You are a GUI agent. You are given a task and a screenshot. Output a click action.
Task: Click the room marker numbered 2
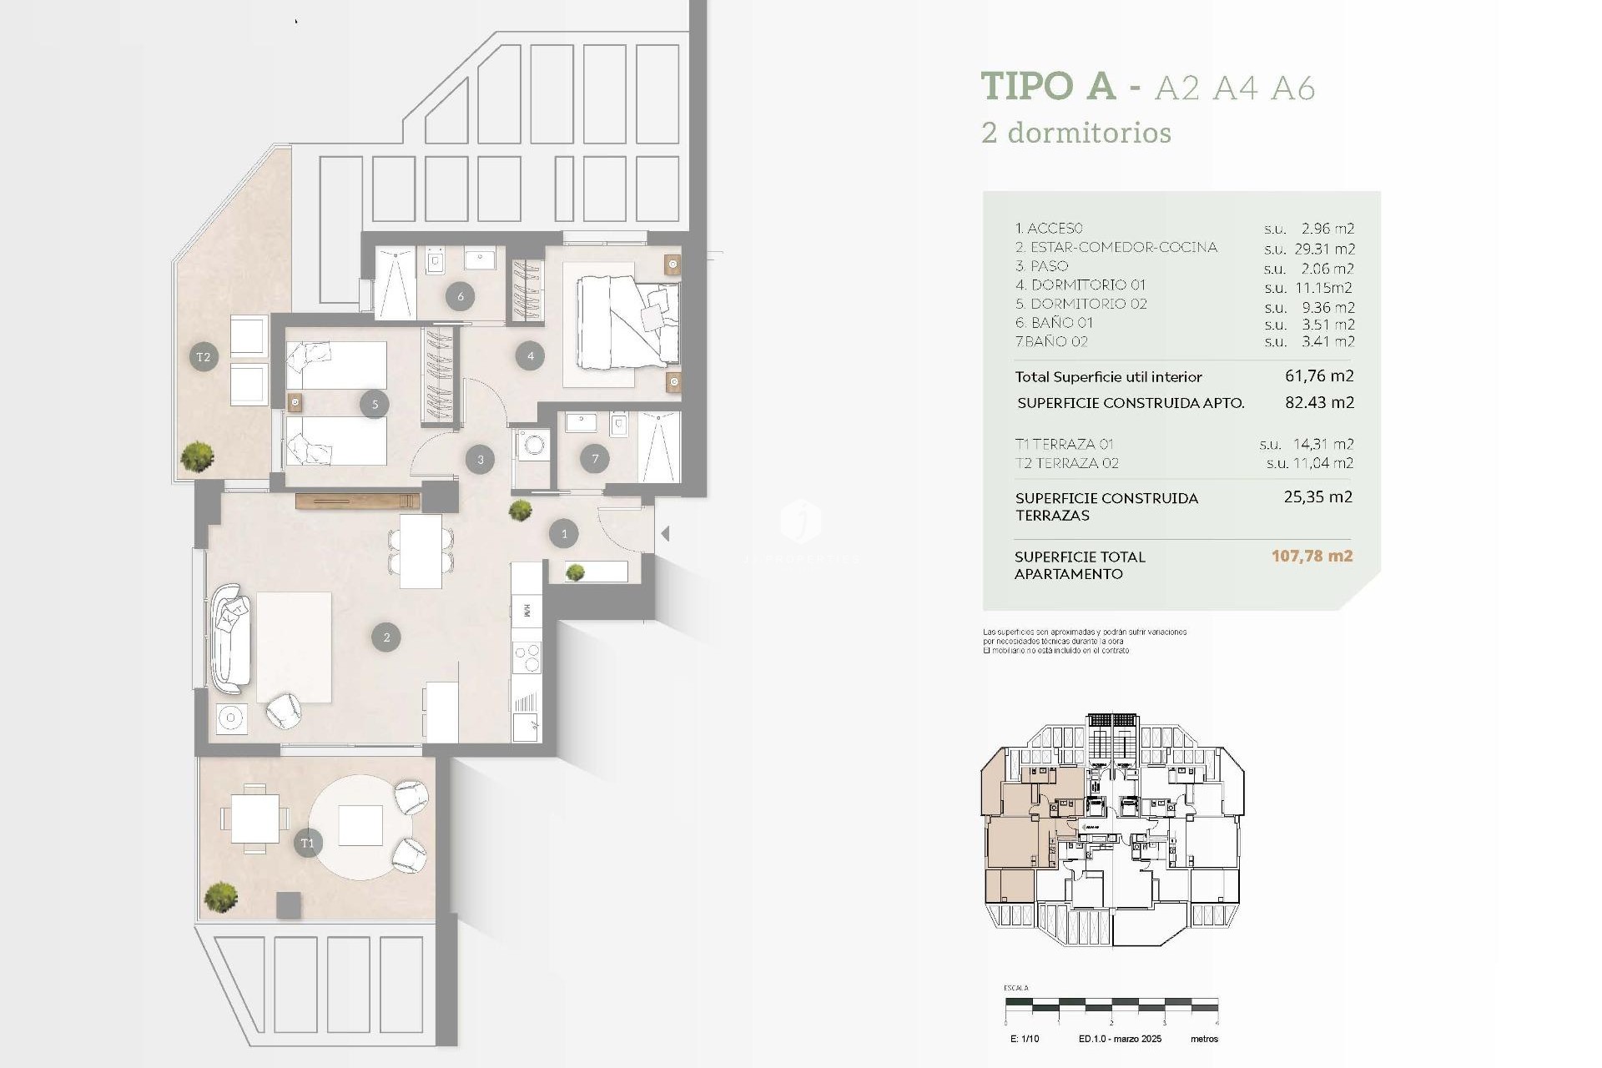(x=386, y=637)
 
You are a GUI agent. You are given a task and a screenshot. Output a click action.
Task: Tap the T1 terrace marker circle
(x=308, y=843)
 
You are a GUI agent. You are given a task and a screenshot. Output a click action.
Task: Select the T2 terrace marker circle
(x=204, y=357)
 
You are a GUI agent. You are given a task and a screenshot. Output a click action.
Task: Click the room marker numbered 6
(x=460, y=296)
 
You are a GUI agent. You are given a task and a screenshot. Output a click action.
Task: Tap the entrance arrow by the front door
(x=665, y=533)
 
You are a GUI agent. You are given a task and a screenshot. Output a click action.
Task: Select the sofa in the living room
(x=230, y=639)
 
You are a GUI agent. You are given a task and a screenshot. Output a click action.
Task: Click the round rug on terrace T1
(x=360, y=827)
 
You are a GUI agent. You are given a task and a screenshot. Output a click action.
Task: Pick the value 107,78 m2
(x=1312, y=556)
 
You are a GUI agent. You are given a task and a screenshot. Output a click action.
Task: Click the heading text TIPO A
(x=1048, y=86)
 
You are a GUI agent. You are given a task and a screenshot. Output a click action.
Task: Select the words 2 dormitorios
(x=1076, y=133)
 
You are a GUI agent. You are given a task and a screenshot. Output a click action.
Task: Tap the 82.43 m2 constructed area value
(x=1319, y=402)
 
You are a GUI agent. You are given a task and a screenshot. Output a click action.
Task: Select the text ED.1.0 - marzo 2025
(x=1120, y=1039)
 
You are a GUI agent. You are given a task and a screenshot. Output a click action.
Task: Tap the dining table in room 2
(x=421, y=552)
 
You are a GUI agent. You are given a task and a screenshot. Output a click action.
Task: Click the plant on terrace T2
(x=198, y=456)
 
